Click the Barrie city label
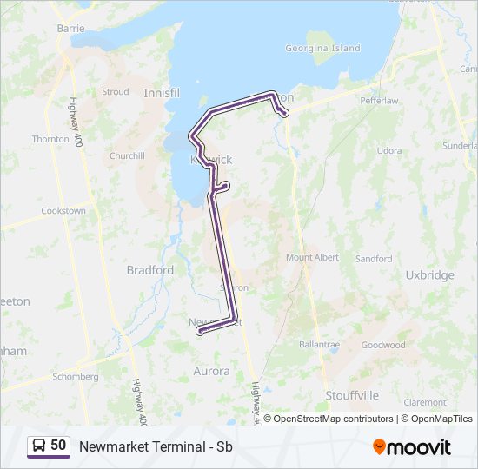coord(70,28)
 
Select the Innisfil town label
coord(160,92)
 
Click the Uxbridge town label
coord(429,275)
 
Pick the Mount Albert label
coord(312,258)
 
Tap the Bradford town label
coord(150,270)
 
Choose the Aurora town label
coord(211,371)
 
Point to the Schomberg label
coord(76,377)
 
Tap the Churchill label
coord(127,156)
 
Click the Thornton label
coord(50,139)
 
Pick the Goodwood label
coord(383,345)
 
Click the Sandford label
coord(374,259)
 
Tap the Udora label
coord(389,151)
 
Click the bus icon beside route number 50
coord(39,446)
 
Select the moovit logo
coord(412,446)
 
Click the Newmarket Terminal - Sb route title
coord(156,446)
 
